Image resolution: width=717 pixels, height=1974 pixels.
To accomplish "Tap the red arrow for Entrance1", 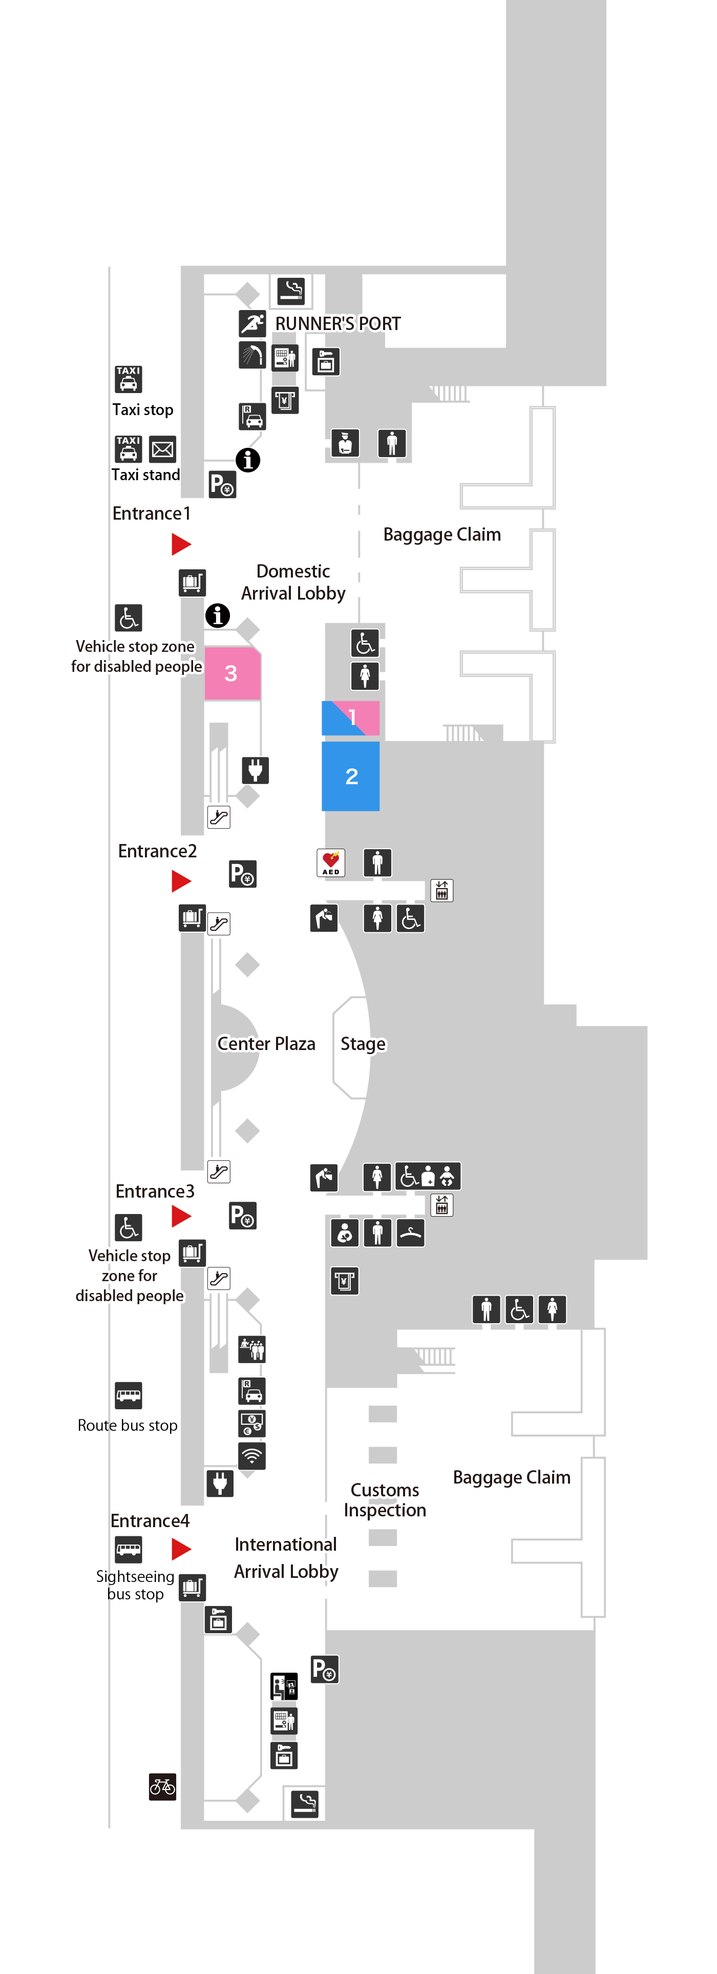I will pyautogui.click(x=181, y=544).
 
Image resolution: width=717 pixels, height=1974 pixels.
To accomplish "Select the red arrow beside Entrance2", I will pyautogui.click(x=181, y=881).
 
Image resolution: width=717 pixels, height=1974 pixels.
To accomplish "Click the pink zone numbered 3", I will pyautogui.click(x=232, y=673).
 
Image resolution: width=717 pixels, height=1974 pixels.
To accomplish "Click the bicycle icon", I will pyautogui.click(x=162, y=1786).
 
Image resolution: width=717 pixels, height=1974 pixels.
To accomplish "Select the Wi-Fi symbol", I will pyautogui.click(x=252, y=1455).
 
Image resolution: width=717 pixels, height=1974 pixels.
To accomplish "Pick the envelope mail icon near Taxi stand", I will pyautogui.click(x=162, y=449).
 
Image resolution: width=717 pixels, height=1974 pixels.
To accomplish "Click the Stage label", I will pyautogui.click(x=363, y=1044).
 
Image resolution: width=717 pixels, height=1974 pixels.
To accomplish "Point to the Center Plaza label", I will pyautogui.click(x=266, y=1044).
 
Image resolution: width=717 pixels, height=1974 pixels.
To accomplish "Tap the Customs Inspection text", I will pyautogui.click(x=385, y=1499).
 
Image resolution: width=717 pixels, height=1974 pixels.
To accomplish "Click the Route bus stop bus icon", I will pyautogui.click(x=129, y=1395).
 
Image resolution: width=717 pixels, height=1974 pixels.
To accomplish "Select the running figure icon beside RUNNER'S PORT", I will pyautogui.click(x=252, y=323).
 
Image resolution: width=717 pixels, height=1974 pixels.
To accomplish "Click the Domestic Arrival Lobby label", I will pyautogui.click(x=293, y=582).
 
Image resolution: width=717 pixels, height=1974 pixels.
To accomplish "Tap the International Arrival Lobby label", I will pyautogui.click(x=286, y=1558).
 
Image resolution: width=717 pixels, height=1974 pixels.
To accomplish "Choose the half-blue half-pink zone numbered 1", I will pyautogui.click(x=351, y=718).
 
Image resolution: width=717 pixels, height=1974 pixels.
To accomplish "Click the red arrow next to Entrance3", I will pyautogui.click(x=181, y=1216).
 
